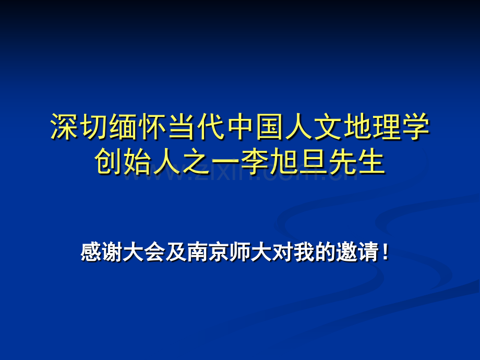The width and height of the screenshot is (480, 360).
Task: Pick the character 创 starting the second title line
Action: [x=109, y=162]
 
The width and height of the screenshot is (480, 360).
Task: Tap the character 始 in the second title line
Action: [x=138, y=162]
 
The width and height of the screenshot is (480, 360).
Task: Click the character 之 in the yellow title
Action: [x=196, y=162]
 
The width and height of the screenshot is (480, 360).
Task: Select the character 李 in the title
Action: [x=255, y=162]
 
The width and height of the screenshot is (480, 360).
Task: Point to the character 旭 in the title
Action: [x=284, y=162]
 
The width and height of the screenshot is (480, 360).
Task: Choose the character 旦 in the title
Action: [x=314, y=162]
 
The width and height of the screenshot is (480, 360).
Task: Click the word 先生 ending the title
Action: [x=357, y=162]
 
